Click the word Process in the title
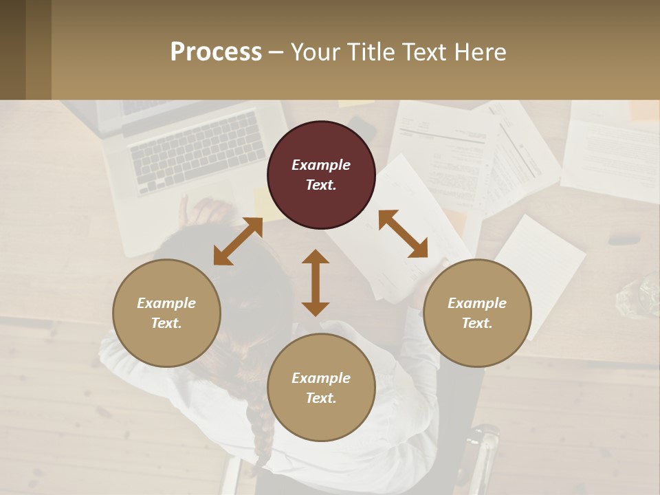coord(216,52)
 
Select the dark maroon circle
coord(321,175)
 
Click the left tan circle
coord(166,313)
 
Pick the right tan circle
coord(477,313)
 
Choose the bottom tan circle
coord(321,388)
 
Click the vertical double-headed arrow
coord(316,283)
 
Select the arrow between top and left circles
coord(238,241)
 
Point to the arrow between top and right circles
coord(403,234)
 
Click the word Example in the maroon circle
coord(321,165)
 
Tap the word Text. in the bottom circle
coord(321,398)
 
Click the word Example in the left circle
coord(166,303)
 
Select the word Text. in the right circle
coord(477,323)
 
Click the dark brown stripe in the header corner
coord(12,49)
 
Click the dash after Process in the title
coord(276,52)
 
